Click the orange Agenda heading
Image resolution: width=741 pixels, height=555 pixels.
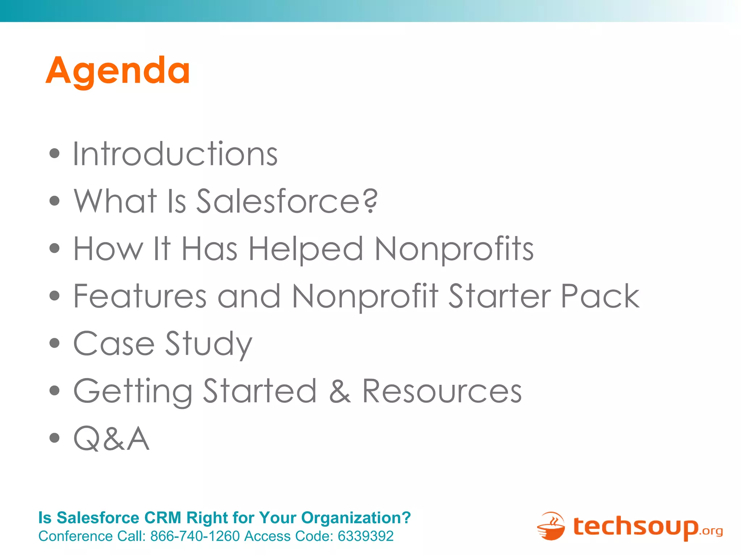(118, 71)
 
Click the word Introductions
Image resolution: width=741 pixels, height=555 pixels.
(175, 154)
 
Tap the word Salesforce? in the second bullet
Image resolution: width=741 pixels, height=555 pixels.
(287, 201)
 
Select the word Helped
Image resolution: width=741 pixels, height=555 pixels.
(306, 249)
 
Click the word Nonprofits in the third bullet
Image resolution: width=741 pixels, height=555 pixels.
(454, 249)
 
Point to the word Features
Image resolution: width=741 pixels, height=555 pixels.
(140, 296)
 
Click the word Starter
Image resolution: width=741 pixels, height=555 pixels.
(500, 296)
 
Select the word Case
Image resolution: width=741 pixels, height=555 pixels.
(114, 344)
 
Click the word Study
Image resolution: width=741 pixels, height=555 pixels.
(209, 344)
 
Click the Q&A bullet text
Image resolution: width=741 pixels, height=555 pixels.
(111, 439)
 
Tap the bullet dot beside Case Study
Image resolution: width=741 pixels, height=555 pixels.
(54, 343)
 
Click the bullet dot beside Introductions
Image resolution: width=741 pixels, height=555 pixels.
(54, 153)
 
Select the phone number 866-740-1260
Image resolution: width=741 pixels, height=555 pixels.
(195, 536)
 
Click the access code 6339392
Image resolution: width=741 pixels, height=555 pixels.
(365, 536)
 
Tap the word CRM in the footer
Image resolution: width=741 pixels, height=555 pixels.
(162, 518)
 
